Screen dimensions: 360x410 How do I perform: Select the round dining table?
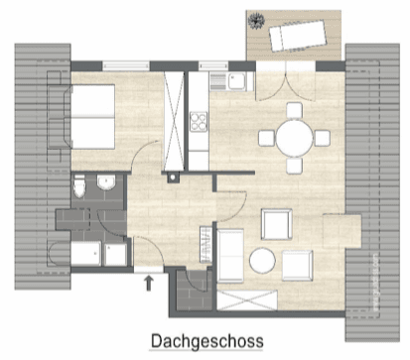point(294,139)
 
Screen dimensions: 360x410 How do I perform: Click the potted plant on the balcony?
point(258,19)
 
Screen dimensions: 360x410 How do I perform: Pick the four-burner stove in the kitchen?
point(198,123)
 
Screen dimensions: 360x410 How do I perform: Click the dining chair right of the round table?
point(324,138)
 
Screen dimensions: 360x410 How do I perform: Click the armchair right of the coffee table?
point(297,263)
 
